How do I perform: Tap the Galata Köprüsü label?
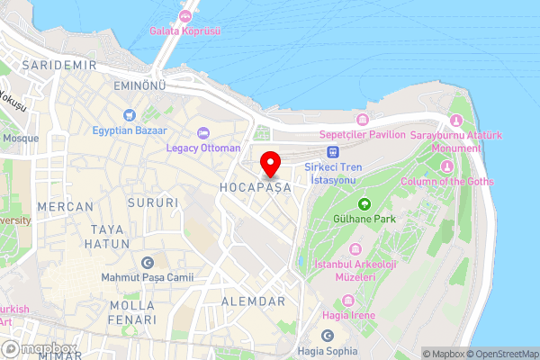[186, 31]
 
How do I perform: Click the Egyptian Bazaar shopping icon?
[130, 114]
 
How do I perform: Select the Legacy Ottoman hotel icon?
[203, 132]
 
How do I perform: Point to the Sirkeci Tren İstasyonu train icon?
[333, 153]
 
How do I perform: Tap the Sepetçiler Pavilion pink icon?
[363, 120]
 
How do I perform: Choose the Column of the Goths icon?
[447, 166]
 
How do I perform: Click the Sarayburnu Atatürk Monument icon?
[454, 121]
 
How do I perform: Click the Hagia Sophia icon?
[328, 337]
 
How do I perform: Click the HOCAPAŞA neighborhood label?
[255, 187]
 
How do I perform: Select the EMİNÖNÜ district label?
[140, 85]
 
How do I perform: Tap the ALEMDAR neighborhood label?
[253, 301]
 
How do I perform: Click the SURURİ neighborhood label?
[154, 203]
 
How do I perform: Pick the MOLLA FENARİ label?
[132, 312]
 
